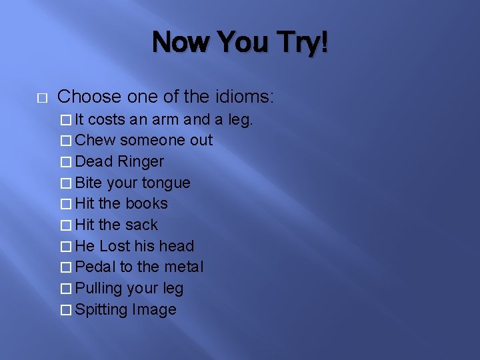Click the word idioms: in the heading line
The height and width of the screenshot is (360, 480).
click(x=244, y=97)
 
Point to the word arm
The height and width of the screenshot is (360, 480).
click(x=165, y=119)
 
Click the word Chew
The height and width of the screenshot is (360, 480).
click(x=95, y=140)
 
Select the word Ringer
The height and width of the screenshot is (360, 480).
click(x=141, y=161)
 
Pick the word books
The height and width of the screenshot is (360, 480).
click(x=147, y=203)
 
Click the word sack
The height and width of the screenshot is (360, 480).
click(x=141, y=225)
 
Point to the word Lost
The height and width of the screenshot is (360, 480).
click(x=115, y=246)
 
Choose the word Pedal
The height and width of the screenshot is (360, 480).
click(x=95, y=267)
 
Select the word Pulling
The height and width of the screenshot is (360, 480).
click(x=99, y=288)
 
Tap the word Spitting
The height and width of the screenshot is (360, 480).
click(x=101, y=309)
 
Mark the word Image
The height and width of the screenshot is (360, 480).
click(x=154, y=309)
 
